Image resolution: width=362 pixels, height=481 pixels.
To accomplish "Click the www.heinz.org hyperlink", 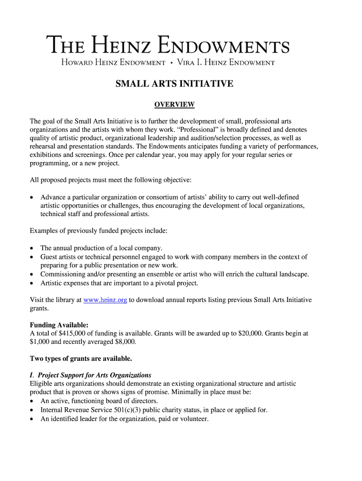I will coord(105,300).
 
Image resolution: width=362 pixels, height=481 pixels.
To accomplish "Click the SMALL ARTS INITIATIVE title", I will coord(174,84).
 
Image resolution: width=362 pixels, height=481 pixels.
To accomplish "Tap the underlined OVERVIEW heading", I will coord(174,104).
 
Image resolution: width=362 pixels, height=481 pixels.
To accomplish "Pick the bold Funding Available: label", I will coord(59,325).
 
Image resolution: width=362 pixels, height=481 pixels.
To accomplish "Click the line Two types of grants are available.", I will coord(81,358).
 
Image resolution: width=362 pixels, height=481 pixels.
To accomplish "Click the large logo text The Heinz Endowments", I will coord(168,46).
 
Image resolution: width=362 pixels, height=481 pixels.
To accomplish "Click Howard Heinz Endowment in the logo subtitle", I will coord(113,62).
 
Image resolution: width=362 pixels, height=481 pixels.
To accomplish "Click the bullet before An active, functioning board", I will coord(32,402).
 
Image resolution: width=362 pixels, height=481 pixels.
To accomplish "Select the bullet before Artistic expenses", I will coord(32,283).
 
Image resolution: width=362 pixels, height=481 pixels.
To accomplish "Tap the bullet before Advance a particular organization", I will coord(32,197).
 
